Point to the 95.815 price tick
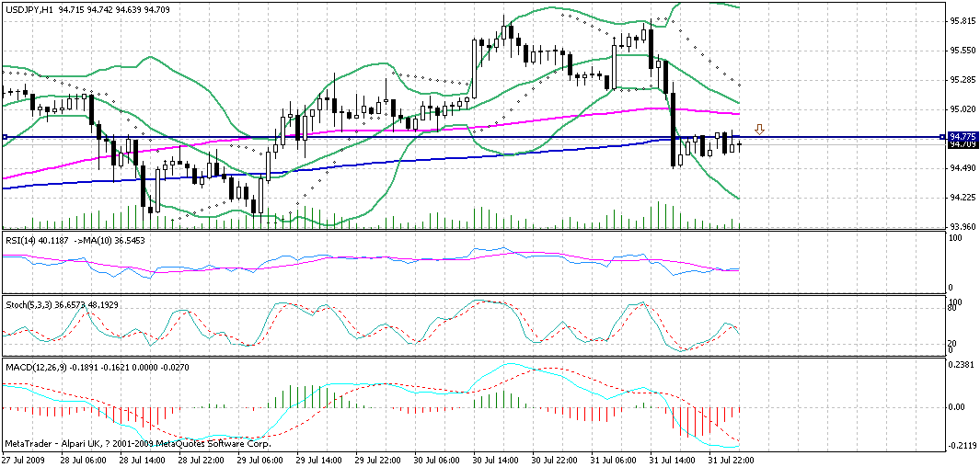963,20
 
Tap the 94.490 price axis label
963,167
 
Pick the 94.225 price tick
963,197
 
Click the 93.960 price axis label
963,226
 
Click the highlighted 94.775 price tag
962,136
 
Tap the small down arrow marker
760,130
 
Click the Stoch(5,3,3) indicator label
28,302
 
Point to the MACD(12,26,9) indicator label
33,367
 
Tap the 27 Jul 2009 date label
22,460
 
